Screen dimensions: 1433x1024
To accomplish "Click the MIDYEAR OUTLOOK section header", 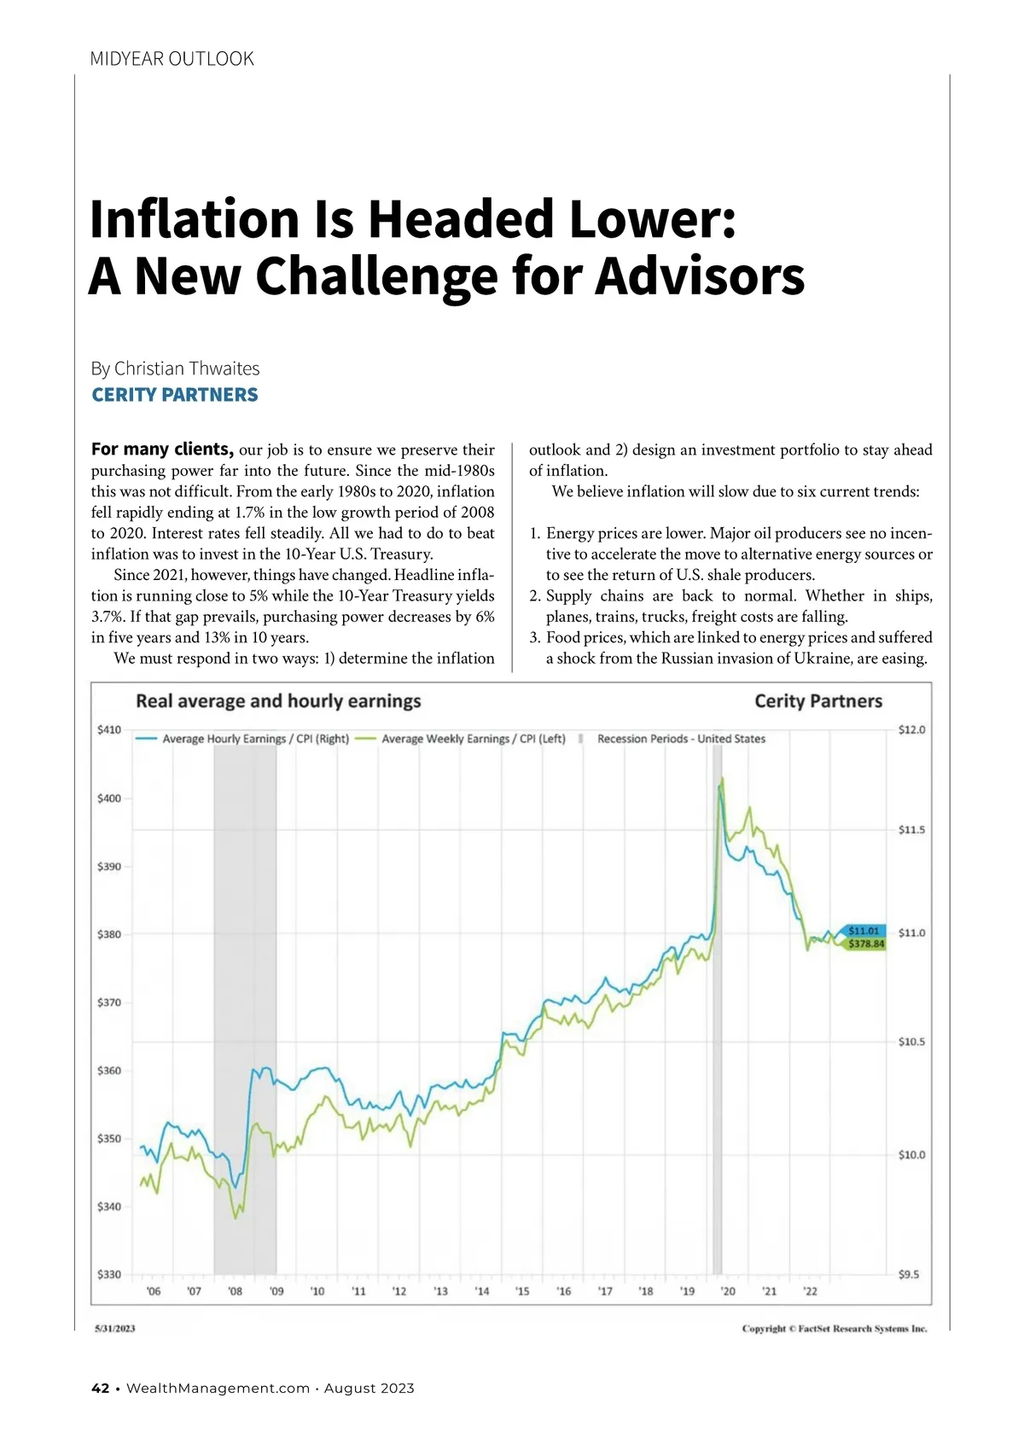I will [x=172, y=59].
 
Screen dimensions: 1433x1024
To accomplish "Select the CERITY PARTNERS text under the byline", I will [x=175, y=395].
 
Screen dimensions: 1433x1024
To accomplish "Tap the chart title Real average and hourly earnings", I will [x=278, y=701].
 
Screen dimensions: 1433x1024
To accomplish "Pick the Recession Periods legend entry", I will [x=681, y=739].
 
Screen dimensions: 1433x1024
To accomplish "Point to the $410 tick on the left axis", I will [x=109, y=730].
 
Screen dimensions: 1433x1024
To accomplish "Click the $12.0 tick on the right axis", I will [x=911, y=730].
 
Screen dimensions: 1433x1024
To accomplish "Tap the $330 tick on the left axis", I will [x=109, y=1274].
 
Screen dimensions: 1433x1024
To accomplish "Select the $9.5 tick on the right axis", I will [x=910, y=1274].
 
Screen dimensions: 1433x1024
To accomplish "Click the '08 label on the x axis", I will [x=236, y=1291].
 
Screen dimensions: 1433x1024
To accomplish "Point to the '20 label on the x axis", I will [x=728, y=1291].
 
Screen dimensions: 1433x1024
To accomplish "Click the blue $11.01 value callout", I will [x=864, y=931].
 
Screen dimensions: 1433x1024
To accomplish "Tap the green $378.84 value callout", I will [x=866, y=944].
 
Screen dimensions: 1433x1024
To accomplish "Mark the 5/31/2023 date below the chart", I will [x=115, y=1328].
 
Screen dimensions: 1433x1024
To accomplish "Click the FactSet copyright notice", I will [x=834, y=1328].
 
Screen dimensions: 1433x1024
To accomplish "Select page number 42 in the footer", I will [x=100, y=1389].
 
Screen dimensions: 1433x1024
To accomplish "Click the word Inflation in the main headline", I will [x=195, y=219].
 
